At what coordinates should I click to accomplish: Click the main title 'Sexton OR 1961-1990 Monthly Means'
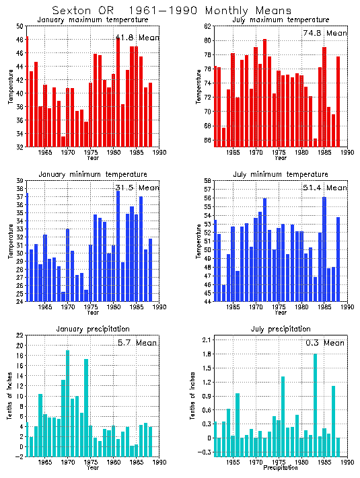[172, 11]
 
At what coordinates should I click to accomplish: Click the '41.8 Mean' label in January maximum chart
[137, 38]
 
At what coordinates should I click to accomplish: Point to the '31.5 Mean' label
[137, 188]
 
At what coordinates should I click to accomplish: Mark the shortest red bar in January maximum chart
[63, 141]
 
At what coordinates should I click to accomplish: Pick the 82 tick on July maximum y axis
[208, 26]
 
